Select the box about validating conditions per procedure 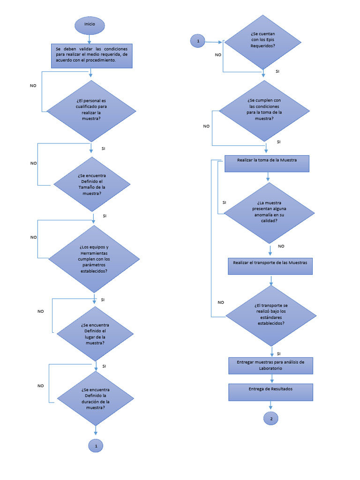click(x=91, y=56)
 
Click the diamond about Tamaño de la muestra click(x=91, y=184)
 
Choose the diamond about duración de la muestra click(x=95, y=398)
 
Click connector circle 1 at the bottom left click(x=96, y=446)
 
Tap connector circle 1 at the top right click(x=198, y=41)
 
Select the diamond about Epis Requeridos click(x=262, y=42)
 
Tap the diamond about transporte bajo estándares click(x=272, y=315)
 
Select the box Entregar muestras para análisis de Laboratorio click(x=270, y=365)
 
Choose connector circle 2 click(x=271, y=419)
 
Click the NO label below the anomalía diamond click(x=281, y=246)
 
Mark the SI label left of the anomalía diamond click(x=224, y=202)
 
